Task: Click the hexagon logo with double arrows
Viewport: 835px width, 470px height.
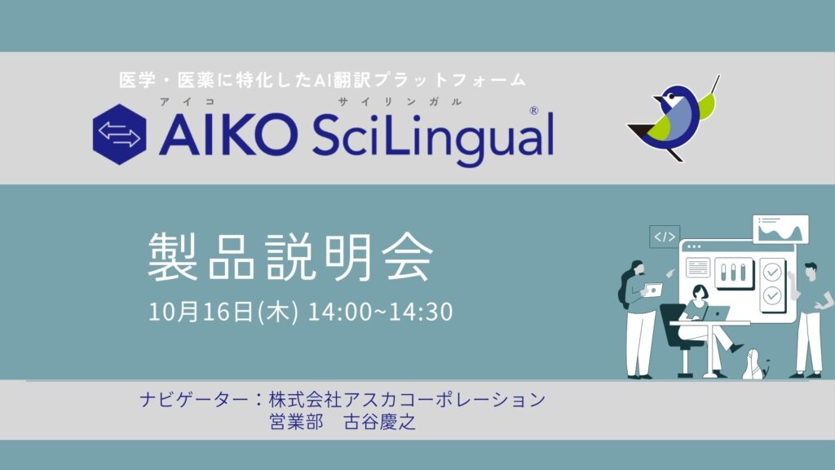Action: coord(119,134)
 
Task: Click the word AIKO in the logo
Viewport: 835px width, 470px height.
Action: coord(228,135)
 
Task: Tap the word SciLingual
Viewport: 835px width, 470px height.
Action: coord(433,137)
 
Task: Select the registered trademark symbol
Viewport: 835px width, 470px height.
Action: coord(533,110)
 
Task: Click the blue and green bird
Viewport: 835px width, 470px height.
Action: coord(673,118)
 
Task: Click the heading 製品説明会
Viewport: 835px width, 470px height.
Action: coord(290,256)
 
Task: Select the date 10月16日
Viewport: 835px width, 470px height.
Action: coord(201,311)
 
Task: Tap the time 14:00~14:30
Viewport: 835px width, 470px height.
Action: coord(380,312)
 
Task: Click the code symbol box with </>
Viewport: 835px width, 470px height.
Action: coord(665,237)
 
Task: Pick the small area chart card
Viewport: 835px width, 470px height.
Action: coord(780,229)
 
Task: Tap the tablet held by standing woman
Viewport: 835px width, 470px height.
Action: coord(653,290)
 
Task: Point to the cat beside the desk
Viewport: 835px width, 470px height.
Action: coord(755,365)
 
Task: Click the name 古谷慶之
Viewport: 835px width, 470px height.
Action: coord(380,422)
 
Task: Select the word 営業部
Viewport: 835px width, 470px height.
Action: coord(296,422)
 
